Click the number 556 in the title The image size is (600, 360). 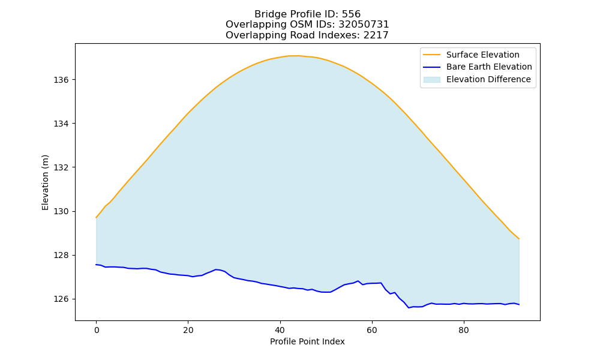click(351, 14)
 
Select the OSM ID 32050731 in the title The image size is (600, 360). click(364, 25)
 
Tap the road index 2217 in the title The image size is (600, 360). click(376, 35)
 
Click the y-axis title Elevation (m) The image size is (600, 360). click(45, 182)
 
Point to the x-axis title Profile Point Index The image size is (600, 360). click(307, 341)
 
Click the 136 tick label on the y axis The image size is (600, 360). click(61, 80)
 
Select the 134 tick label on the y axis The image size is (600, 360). click(61, 124)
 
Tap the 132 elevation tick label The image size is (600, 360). click(61, 167)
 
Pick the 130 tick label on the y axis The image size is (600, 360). click(61, 212)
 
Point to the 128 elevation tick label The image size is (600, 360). click(61, 255)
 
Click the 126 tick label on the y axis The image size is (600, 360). click(61, 299)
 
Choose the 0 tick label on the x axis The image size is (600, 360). click(97, 330)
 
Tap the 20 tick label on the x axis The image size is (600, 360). click(188, 330)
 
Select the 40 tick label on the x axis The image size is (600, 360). click(280, 330)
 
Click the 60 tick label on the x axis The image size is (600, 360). click(372, 330)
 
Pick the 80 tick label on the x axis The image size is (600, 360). click(464, 330)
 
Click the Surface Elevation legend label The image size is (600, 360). click(483, 55)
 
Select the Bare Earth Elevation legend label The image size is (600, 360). click(489, 67)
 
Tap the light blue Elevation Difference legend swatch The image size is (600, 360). click(432, 80)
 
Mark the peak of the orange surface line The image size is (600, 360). click(294, 56)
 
